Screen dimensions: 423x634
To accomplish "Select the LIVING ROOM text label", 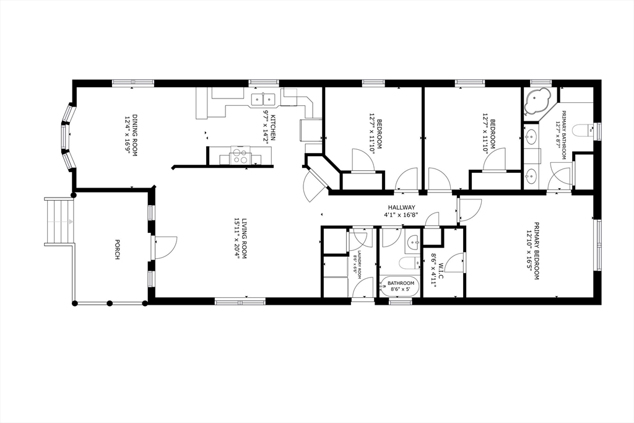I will pos(245,238).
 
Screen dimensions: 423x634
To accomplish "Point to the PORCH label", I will pos(117,249).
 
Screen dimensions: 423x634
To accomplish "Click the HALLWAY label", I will pos(402,207).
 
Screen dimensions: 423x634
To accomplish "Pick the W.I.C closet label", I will pos(441,270).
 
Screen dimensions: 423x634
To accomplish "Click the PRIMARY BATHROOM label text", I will pos(565,134).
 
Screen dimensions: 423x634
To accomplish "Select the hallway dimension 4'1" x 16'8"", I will pos(402,216).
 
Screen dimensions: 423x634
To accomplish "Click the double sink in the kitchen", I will pos(264,98).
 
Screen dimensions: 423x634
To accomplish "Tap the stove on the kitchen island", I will pos(240,156).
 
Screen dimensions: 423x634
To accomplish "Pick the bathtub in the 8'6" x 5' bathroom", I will pos(400,286).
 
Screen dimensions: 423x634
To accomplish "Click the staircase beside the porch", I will pos(59,221).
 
